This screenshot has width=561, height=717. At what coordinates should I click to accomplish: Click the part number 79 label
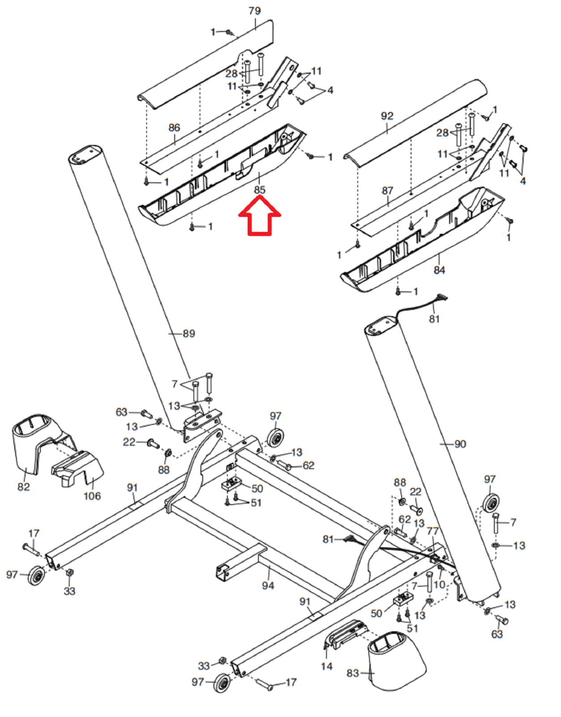point(254,10)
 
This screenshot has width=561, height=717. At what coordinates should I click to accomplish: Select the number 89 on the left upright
point(188,333)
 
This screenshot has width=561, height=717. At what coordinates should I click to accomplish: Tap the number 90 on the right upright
point(460,444)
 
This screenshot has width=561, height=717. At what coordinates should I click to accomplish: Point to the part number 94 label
point(268,585)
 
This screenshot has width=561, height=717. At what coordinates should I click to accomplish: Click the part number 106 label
point(92,496)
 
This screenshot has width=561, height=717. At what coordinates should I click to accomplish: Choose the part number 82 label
point(23,487)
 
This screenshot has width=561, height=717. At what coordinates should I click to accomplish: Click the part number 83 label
point(353,673)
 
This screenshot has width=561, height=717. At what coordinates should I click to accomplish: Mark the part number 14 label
point(326,666)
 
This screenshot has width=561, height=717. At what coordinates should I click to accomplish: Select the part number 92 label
point(387,116)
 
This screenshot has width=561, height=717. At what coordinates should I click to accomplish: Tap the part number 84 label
point(439,270)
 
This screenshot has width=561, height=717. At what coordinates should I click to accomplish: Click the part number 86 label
point(174,128)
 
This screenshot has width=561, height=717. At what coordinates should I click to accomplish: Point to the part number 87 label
point(387,190)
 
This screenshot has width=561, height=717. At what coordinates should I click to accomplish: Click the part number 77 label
point(433,531)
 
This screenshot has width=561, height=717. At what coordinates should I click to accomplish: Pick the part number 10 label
point(439,584)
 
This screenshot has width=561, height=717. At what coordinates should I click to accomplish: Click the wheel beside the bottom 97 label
point(222,682)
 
